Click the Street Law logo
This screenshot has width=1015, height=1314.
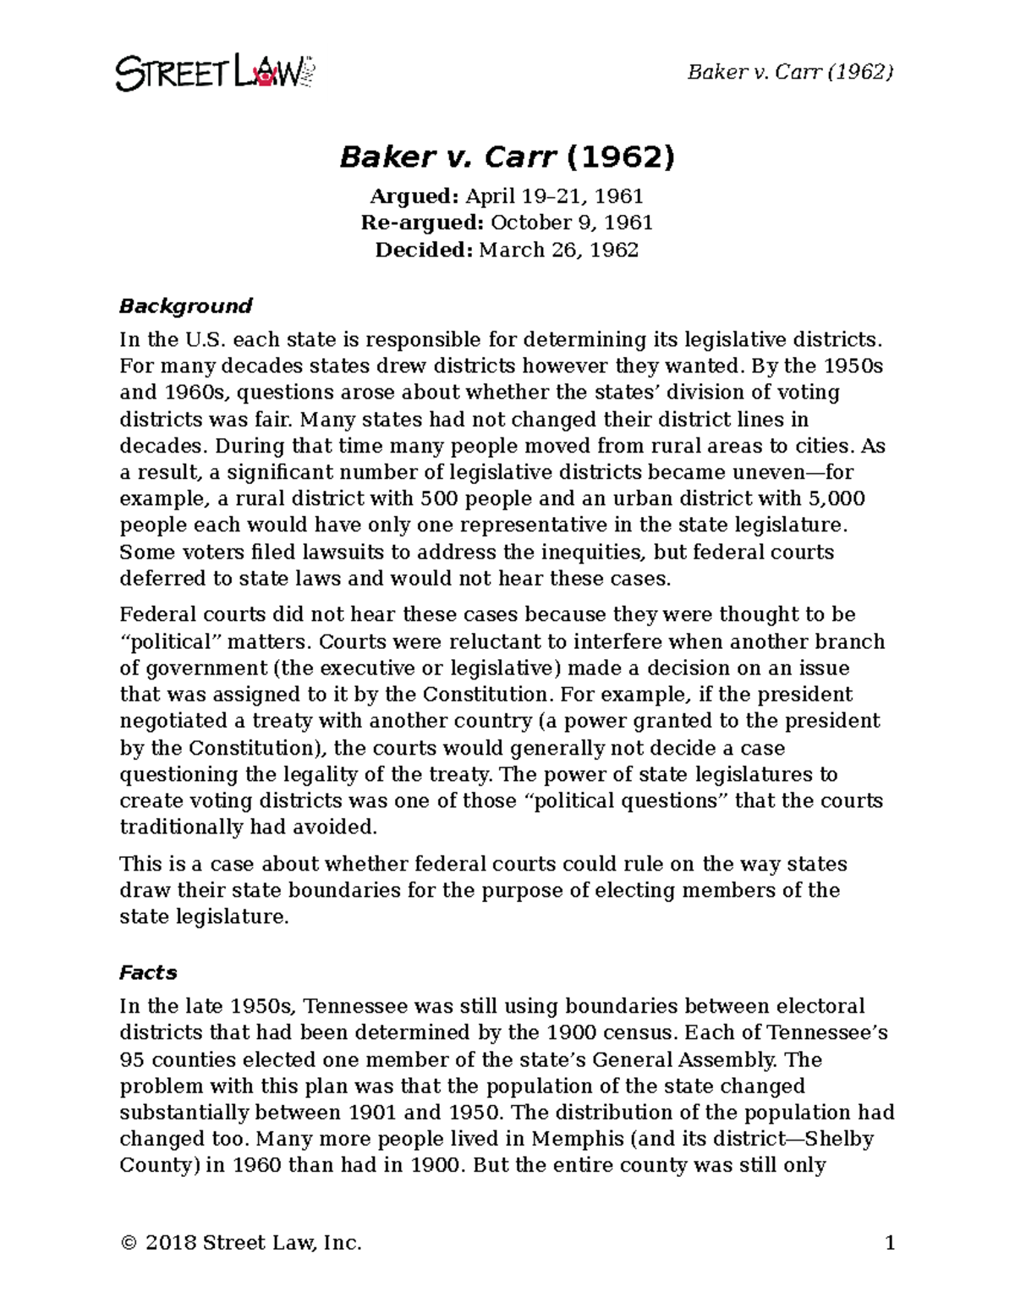coord(215,73)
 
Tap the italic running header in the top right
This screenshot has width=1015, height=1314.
coord(790,72)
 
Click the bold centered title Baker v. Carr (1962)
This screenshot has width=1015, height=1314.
coord(507,157)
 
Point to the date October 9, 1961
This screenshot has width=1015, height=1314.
coord(572,223)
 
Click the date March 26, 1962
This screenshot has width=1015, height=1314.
coord(558,250)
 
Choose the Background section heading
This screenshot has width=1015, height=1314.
coord(186,305)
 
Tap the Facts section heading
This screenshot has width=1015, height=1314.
coord(148,972)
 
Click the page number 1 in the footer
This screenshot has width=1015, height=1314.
coord(889,1243)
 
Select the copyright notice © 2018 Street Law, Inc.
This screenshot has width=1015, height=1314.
coord(241,1243)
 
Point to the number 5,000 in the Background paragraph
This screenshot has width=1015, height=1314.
coord(838,498)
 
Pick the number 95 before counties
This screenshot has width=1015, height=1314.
coord(133,1059)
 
